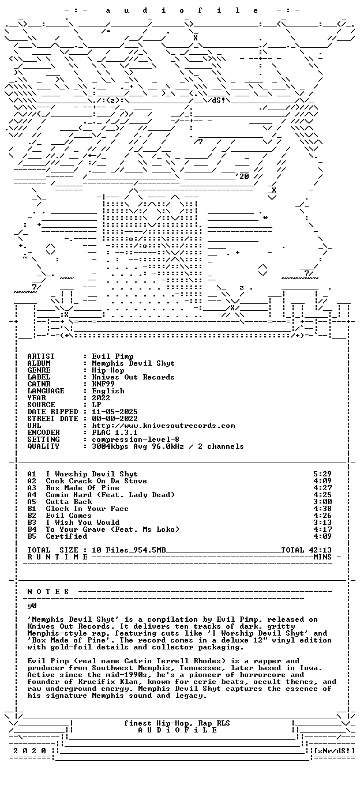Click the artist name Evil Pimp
112,356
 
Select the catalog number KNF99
103,384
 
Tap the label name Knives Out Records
133,377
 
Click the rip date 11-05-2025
115,412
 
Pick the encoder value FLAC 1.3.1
115,433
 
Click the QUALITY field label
43,446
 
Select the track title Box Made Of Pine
82,488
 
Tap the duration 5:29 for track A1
322,474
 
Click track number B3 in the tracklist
32,523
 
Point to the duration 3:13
322,523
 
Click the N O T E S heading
48,592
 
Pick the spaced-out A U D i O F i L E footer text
177,730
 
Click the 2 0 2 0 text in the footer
29,750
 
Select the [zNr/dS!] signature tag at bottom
334,750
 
